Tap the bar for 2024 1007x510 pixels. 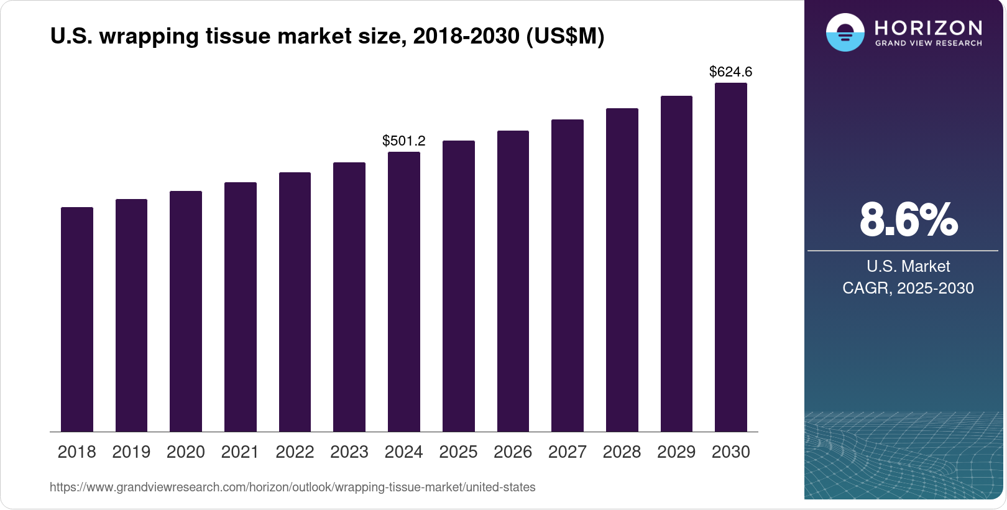click(404, 292)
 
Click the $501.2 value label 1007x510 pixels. click(404, 141)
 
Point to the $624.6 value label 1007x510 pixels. click(730, 72)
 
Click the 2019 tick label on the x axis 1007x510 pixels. click(131, 452)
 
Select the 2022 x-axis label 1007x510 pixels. click(295, 452)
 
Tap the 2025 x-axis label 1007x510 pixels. click(458, 452)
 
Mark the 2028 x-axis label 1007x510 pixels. click(622, 452)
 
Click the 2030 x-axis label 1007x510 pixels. click(731, 452)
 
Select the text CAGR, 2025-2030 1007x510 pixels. click(908, 288)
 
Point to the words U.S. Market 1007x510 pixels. click(908, 266)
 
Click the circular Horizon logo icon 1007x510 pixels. click(845, 32)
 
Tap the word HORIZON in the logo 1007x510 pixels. click(928, 28)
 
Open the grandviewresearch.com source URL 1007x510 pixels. click(292, 487)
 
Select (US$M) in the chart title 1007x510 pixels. click(565, 37)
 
